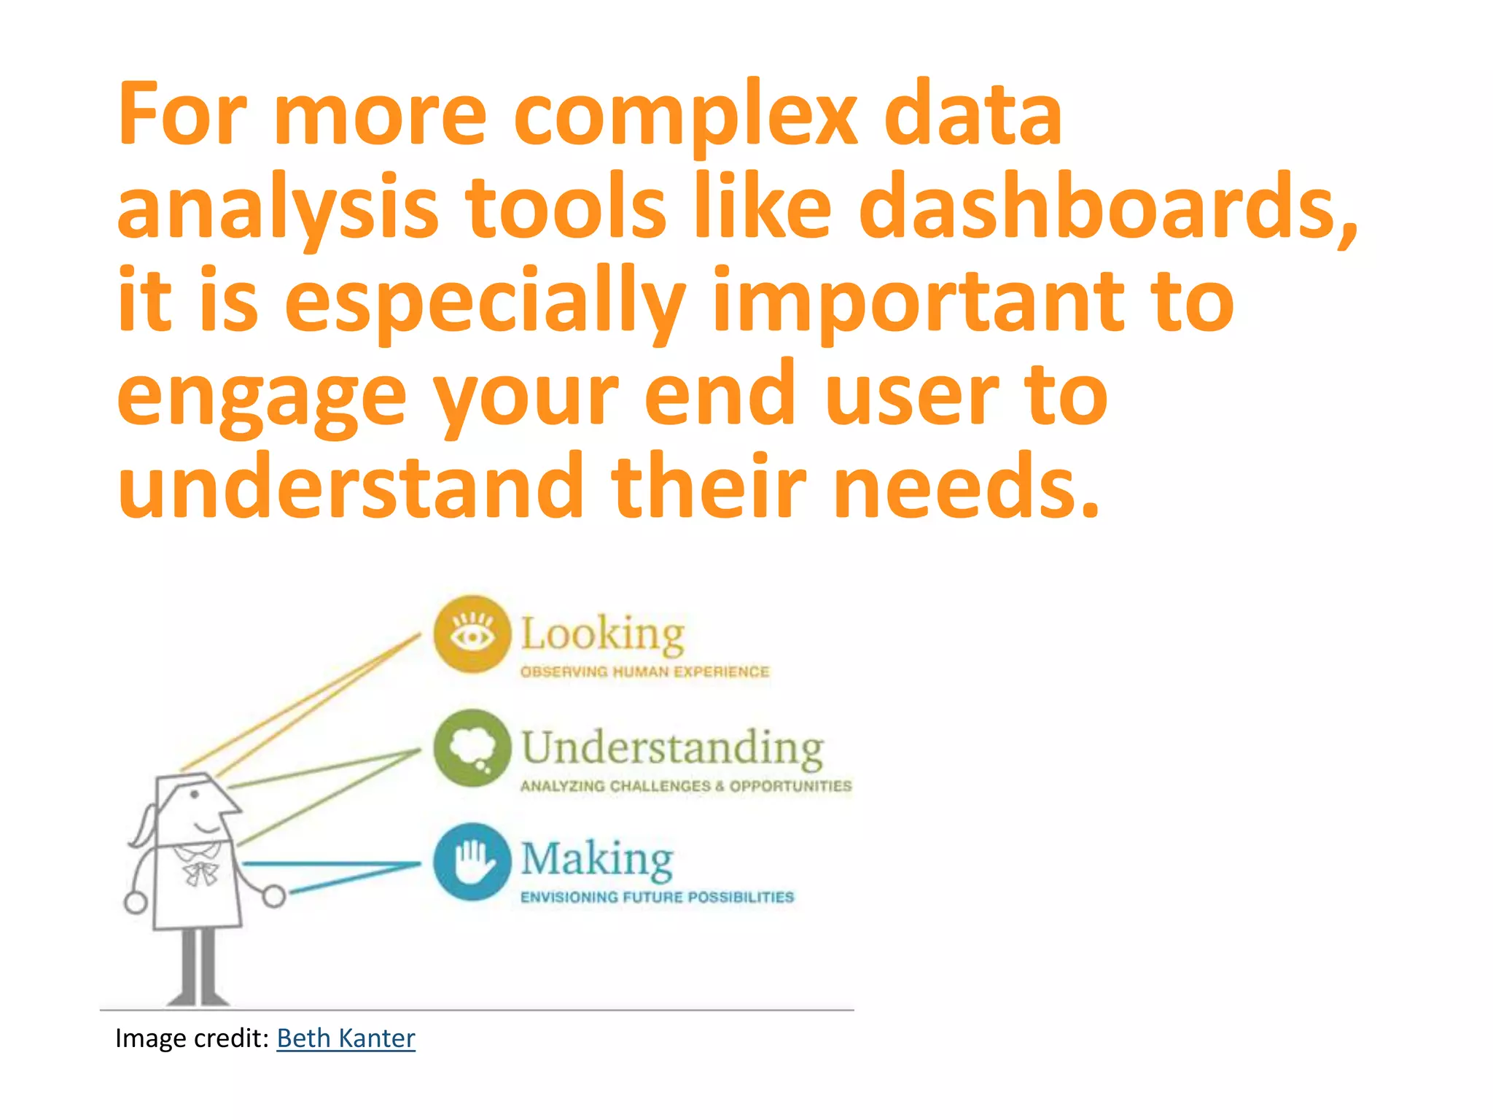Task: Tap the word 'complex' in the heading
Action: [685, 117]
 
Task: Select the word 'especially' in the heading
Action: [485, 303]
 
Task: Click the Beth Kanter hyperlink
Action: [346, 1038]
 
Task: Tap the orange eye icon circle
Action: [472, 634]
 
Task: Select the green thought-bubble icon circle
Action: [472, 748]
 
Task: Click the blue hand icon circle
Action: [472, 861]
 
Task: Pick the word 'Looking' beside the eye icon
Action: [602, 634]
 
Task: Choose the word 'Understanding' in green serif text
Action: [672, 748]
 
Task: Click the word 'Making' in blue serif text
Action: [596, 860]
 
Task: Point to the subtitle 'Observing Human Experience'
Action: [644, 672]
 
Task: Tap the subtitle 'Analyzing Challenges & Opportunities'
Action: [685, 786]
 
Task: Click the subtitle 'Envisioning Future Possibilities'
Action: [656, 898]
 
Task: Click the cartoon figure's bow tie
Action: [200, 872]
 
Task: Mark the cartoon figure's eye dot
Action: [195, 794]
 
